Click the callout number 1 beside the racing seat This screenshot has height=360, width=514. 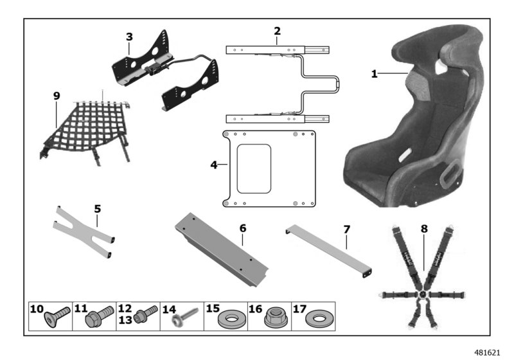(x=374, y=74)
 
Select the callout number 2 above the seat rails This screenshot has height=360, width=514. (x=277, y=31)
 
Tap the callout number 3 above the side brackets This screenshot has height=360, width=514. (x=129, y=37)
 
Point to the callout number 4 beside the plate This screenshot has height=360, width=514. (x=214, y=165)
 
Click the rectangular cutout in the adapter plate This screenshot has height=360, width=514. (x=254, y=168)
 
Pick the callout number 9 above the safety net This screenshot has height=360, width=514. (x=57, y=96)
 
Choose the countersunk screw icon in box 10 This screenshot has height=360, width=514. (x=59, y=317)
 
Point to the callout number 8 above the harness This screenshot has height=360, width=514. (x=424, y=228)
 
